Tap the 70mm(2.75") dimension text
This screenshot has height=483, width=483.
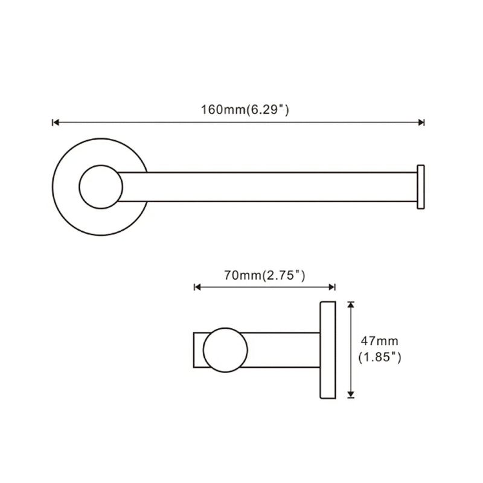pos(264,275)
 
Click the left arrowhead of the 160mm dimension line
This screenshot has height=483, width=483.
pos(56,123)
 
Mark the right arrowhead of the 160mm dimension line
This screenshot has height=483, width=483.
pos(421,123)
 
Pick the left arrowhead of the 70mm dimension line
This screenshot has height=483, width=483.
pos(196,287)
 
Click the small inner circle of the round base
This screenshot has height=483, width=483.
pos(101,187)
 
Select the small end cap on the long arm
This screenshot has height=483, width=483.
pos(421,187)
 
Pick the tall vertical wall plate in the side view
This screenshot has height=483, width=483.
pos(327,350)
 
